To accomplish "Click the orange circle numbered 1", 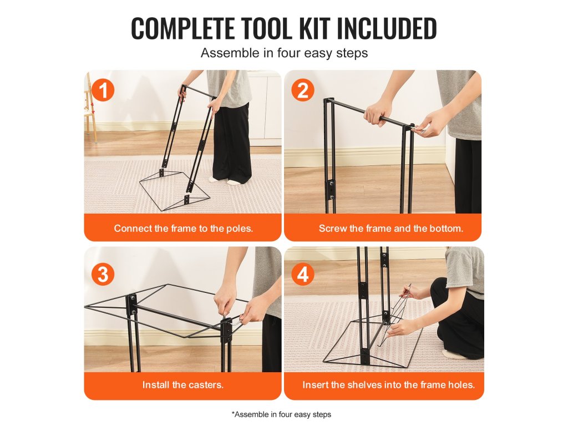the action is pyautogui.click(x=103, y=90).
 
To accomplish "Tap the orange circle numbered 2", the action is pyautogui.click(x=303, y=90).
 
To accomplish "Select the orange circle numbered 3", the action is pyautogui.click(x=103, y=274).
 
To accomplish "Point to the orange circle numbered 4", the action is pyautogui.click(x=303, y=274).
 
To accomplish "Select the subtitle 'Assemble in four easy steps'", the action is pyautogui.click(x=285, y=53).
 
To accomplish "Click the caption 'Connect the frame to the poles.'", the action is pyautogui.click(x=183, y=228).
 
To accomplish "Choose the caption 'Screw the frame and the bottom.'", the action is pyautogui.click(x=391, y=228).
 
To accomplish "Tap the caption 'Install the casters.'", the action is pyautogui.click(x=182, y=384).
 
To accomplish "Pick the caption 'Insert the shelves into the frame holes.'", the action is pyautogui.click(x=388, y=384).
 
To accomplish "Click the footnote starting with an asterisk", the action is pyautogui.click(x=281, y=414).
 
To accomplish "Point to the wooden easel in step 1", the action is pyautogui.click(x=90, y=109).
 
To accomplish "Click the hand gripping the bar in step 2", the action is pyautogui.click(x=376, y=113).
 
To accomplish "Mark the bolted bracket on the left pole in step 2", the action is pyautogui.click(x=332, y=190).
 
